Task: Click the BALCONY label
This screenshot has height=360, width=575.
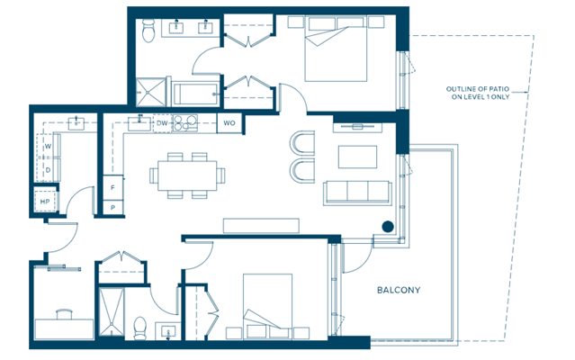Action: click(x=399, y=290)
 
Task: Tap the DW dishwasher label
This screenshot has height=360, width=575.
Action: click(x=162, y=123)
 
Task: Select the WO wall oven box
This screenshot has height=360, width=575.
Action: click(x=229, y=122)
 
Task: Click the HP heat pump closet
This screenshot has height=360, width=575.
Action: click(x=45, y=201)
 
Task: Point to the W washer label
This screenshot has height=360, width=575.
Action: click(x=48, y=147)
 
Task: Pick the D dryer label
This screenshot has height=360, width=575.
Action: click(x=48, y=170)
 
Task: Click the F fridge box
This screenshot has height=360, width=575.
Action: click(x=113, y=187)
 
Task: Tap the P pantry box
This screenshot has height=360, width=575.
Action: click(x=113, y=208)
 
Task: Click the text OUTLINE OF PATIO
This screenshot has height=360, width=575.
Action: click(x=478, y=89)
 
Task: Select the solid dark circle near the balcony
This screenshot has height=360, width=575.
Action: click(x=388, y=227)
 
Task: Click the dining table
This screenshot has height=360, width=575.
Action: click(x=187, y=175)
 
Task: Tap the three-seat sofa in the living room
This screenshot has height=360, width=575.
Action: click(x=357, y=193)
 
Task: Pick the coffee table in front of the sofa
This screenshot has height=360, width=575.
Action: click(x=357, y=157)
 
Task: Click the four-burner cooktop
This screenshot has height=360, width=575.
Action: click(x=184, y=123)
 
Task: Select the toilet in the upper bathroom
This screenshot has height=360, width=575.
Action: click(x=148, y=30)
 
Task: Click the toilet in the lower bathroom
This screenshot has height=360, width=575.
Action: click(x=139, y=328)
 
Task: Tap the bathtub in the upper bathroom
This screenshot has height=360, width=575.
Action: click(x=195, y=94)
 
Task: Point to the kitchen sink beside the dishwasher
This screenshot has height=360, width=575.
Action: click(x=139, y=122)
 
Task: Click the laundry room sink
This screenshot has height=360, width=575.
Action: click(x=76, y=123)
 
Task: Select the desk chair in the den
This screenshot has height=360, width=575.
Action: click(x=65, y=314)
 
